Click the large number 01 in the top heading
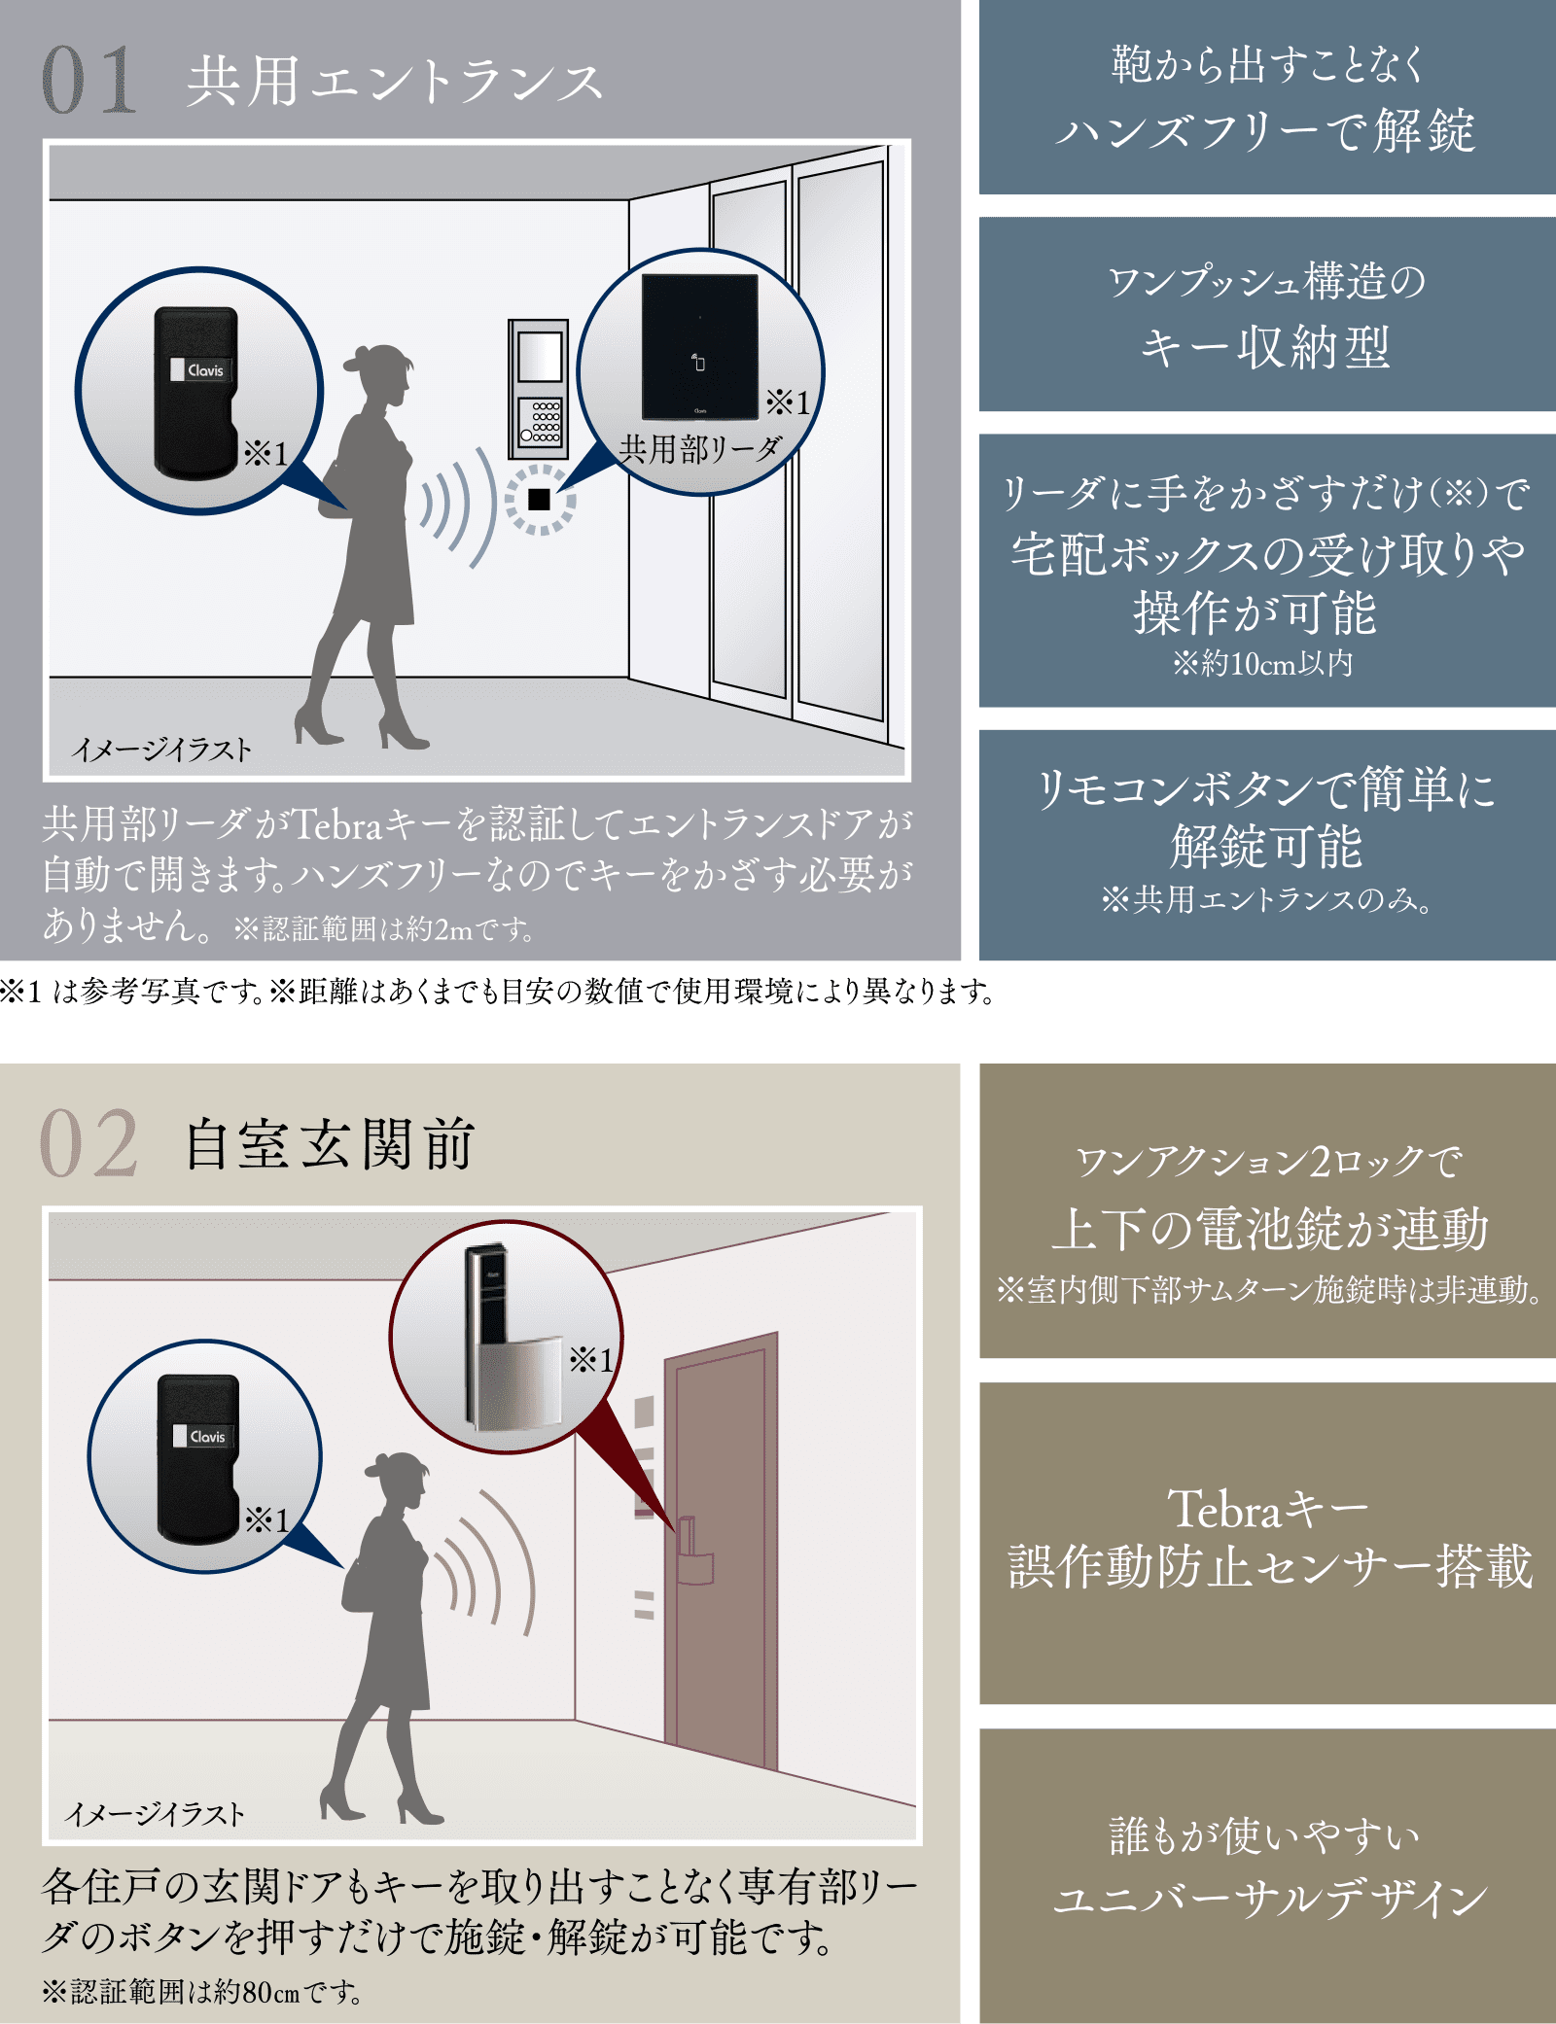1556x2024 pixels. [x=88, y=80]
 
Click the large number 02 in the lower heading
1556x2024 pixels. [x=88, y=1143]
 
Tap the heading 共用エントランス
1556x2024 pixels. [x=395, y=81]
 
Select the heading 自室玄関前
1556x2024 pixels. [x=330, y=1144]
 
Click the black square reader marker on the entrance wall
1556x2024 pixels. [x=539, y=499]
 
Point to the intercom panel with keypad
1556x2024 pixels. [x=539, y=389]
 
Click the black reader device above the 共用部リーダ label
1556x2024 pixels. [x=699, y=346]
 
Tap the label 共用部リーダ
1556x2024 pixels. [x=700, y=449]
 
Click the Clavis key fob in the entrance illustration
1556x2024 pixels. [x=195, y=392]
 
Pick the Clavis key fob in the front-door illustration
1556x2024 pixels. [x=198, y=1458]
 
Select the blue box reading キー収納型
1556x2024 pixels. [x=1267, y=314]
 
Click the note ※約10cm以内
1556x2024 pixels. [x=1262, y=663]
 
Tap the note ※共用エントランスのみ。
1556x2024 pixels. [x=1266, y=899]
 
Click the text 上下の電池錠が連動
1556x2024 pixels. [x=1269, y=1228]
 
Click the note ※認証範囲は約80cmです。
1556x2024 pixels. [x=201, y=1992]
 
